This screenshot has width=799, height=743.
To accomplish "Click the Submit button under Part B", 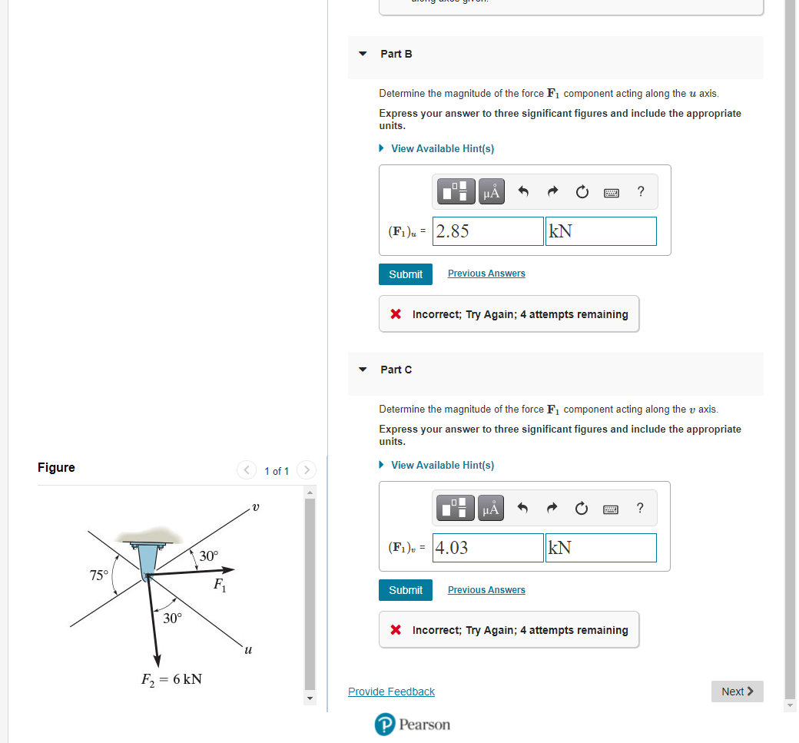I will pyautogui.click(x=405, y=274).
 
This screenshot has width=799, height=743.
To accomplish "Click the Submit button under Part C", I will pyautogui.click(x=405, y=590).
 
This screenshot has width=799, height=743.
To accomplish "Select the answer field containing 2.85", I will pyautogui.click(x=488, y=231).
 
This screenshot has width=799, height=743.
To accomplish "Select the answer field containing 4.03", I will pyautogui.click(x=488, y=548).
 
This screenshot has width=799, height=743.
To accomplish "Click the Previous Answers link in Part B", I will pyautogui.click(x=486, y=274).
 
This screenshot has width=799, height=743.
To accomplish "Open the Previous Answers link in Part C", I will pyautogui.click(x=486, y=590).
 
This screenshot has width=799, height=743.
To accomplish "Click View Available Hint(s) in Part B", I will pyautogui.click(x=442, y=148).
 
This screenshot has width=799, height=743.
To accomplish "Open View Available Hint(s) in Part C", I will pyautogui.click(x=442, y=465).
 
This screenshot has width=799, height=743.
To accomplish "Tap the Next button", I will pyautogui.click(x=737, y=692).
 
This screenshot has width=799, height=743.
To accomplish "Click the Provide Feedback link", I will pyautogui.click(x=391, y=692).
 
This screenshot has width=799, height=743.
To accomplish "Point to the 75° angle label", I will pyautogui.click(x=99, y=575).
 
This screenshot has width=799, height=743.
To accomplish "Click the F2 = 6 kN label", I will pyautogui.click(x=171, y=679).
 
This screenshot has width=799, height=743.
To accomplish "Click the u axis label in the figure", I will pyautogui.click(x=247, y=650).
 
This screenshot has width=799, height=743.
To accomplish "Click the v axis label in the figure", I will pyautogui.click(x=256, y=507).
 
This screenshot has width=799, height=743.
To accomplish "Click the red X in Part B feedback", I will pyautogui.click(x=395, y=314).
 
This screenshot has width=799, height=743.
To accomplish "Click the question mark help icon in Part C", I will pyautogui.click(x=641, y=508).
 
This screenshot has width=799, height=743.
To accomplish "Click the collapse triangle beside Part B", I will pyautogui.click(x=363, y=54).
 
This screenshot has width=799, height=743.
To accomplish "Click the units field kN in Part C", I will pyautogui.click(x=600, y=548).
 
